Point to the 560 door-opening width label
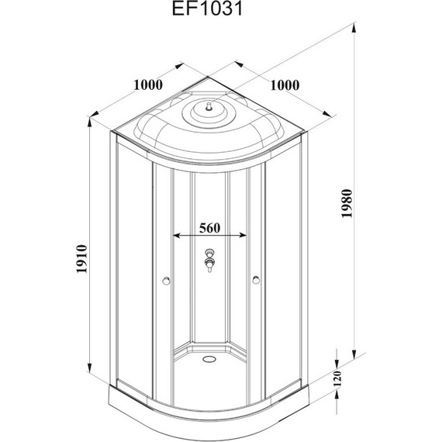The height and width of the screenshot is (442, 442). coord(211,228)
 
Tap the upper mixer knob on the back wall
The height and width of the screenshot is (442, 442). coord(209,253)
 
